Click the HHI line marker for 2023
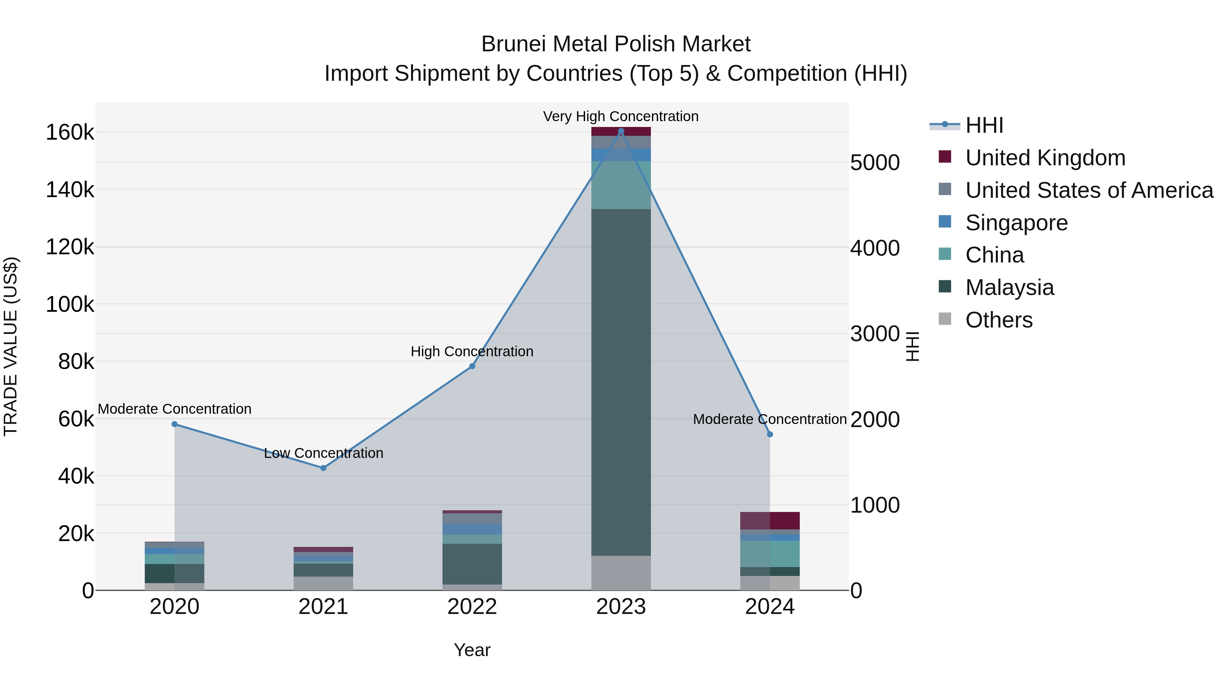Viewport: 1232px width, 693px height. coord(621,131)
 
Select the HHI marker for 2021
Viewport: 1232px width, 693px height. coord(323,468)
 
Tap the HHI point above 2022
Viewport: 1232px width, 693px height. coord(472,366)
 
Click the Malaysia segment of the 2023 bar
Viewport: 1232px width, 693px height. coord(621,383)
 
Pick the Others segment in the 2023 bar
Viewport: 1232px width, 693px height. coord(621,573)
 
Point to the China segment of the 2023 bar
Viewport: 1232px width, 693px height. coord(621,185)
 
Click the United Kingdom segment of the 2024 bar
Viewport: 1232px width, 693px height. coord(770,521)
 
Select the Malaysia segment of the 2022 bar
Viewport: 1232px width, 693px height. coord(472,564)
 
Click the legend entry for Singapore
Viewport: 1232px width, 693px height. coord(1016,223)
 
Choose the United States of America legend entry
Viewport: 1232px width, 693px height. coord(1089,190)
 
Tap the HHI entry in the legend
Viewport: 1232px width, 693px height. coord(984,125)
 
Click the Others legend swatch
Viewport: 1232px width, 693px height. coord(945,319)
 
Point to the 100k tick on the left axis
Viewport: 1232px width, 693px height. coord(70,304)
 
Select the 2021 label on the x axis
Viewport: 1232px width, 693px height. coord(323,607)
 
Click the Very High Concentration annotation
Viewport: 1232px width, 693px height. coord(621,116)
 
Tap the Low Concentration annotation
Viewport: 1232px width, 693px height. coord(323,453)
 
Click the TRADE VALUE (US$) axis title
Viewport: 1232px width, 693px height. coord(11,346)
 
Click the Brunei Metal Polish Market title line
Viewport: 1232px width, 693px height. coord(616,44)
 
